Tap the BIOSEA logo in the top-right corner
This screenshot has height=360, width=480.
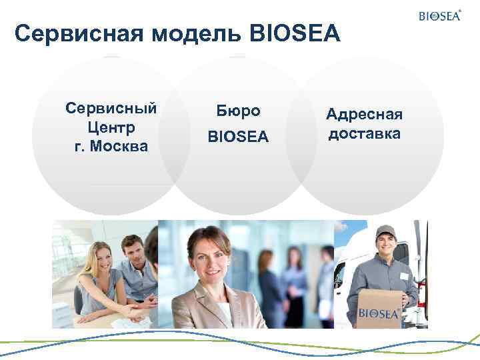point(440,15)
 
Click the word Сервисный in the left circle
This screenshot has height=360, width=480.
point(111,107)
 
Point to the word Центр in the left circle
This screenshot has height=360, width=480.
point(111,126)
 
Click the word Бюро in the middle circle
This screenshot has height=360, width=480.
point(239,111)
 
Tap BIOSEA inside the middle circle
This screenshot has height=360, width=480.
point(239,137)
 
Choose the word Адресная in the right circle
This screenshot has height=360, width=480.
point(364,115)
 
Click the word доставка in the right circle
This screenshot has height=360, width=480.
point(364,133)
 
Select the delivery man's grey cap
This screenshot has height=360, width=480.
point(385,233)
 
